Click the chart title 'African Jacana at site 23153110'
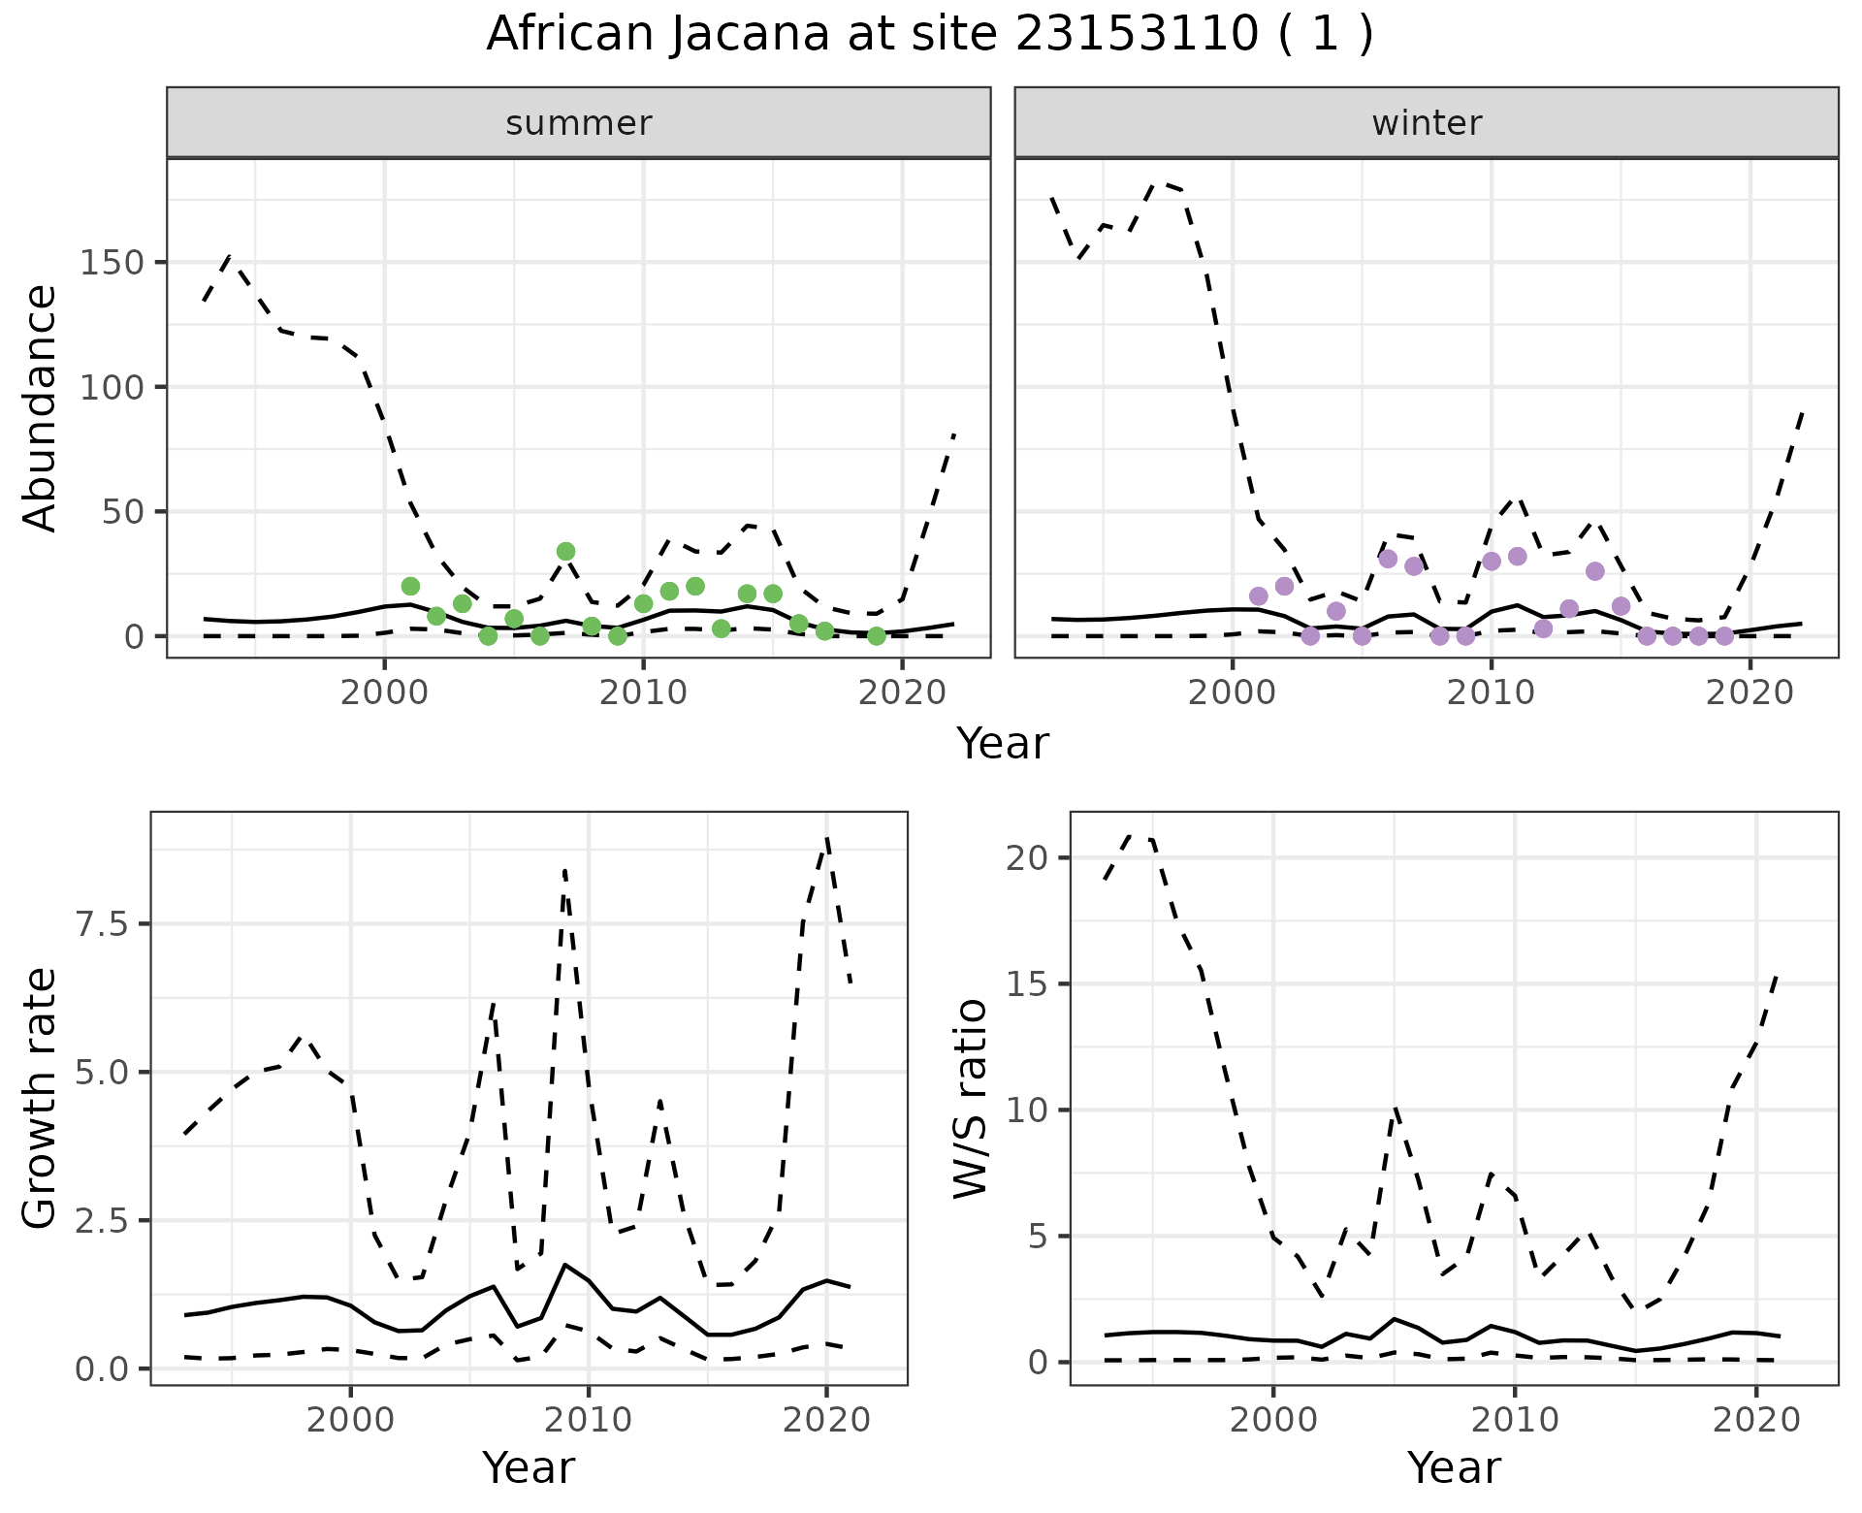click(929, 35)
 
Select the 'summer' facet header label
click(579, 123)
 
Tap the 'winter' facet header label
click(1427, 123)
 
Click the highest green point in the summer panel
click(566, 552)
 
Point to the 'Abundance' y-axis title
click(41, 408)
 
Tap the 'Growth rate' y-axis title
click(41, 1098)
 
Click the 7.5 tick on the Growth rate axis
click(103, 924)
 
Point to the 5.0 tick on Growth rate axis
click(103, 1073)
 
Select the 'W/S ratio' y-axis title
click(970, 1098)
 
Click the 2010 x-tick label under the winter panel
click(1492, 693)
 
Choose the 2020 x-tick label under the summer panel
click(903, 693)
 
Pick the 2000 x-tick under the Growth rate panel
click(351, 1421)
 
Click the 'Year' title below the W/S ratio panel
click(1454, 1467)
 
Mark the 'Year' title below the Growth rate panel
click(529, 1467)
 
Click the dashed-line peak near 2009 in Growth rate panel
click(564, 870)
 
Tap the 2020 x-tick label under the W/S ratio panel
click(1756, 1421)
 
